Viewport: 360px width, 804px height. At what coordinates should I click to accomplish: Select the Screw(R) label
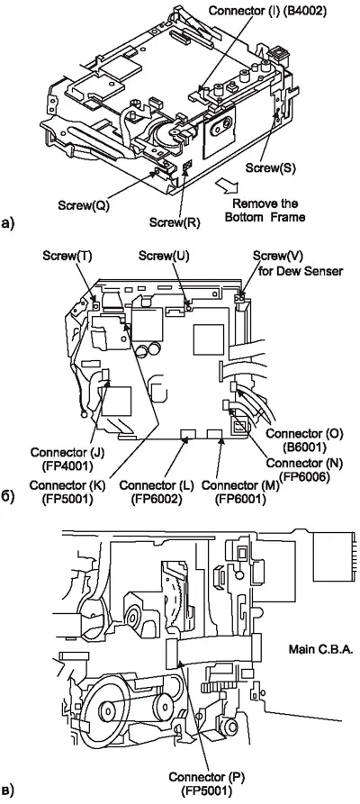tap(175, 222)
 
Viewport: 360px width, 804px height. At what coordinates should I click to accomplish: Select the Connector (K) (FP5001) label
tap(61, 492)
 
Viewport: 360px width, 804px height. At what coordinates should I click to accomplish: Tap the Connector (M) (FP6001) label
tap(237, 492)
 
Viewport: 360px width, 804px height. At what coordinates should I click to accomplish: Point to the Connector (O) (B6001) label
tap(299, 440)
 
